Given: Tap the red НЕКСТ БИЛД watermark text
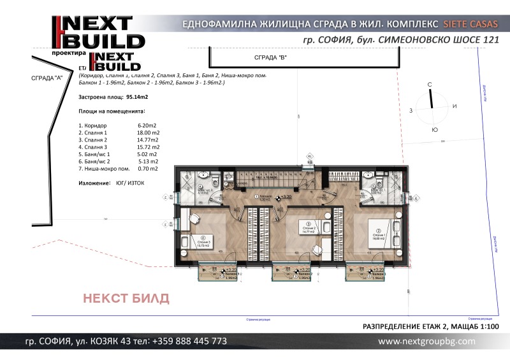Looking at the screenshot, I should pos(127,298).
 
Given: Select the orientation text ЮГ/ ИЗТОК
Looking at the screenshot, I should pos(130,183).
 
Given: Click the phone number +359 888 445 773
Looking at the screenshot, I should pos(189,341).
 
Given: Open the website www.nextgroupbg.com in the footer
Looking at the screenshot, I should pos(426,342).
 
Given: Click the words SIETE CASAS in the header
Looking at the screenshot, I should pos(470,24).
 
